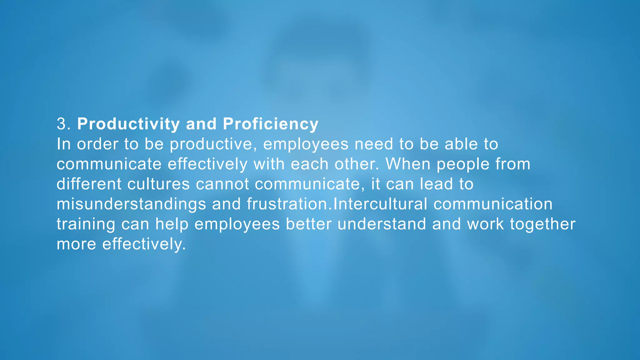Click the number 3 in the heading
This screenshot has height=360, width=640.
[x=62, y=124]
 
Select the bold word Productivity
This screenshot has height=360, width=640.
[x=128, y=124]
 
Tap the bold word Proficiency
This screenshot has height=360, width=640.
[x=271, y=124]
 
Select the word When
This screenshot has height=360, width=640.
[x=408, y=164]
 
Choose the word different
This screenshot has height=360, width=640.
[x=89, y=184]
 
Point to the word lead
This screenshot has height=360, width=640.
[x=436, y=184]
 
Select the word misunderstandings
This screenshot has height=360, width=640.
[x=131, y=204]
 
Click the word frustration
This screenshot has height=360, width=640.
[x=287, y=204]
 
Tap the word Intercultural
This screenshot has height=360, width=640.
[x=380, y=204]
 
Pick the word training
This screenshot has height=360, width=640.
[x=86, y=224]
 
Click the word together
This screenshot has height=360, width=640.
[x=542, y=224]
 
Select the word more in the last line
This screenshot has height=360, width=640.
[x=76, y=244]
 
